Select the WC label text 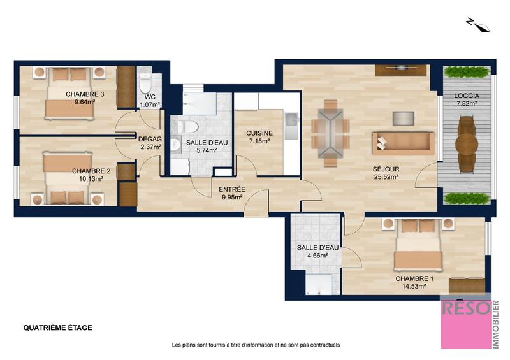pos(150,97)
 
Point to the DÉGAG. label pos(150,139)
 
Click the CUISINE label pos(259,133)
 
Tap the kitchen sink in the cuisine pos(292,119)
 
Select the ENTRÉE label pos(232,189)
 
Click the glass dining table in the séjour pos(330,131)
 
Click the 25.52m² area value pos(386,177)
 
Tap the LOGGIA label pos(467,97)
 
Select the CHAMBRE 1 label pos(414,279)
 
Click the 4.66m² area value pos(312,256)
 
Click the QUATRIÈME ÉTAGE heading pos(57,328)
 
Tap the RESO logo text pos(466,308)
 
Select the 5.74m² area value pos(201,150)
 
